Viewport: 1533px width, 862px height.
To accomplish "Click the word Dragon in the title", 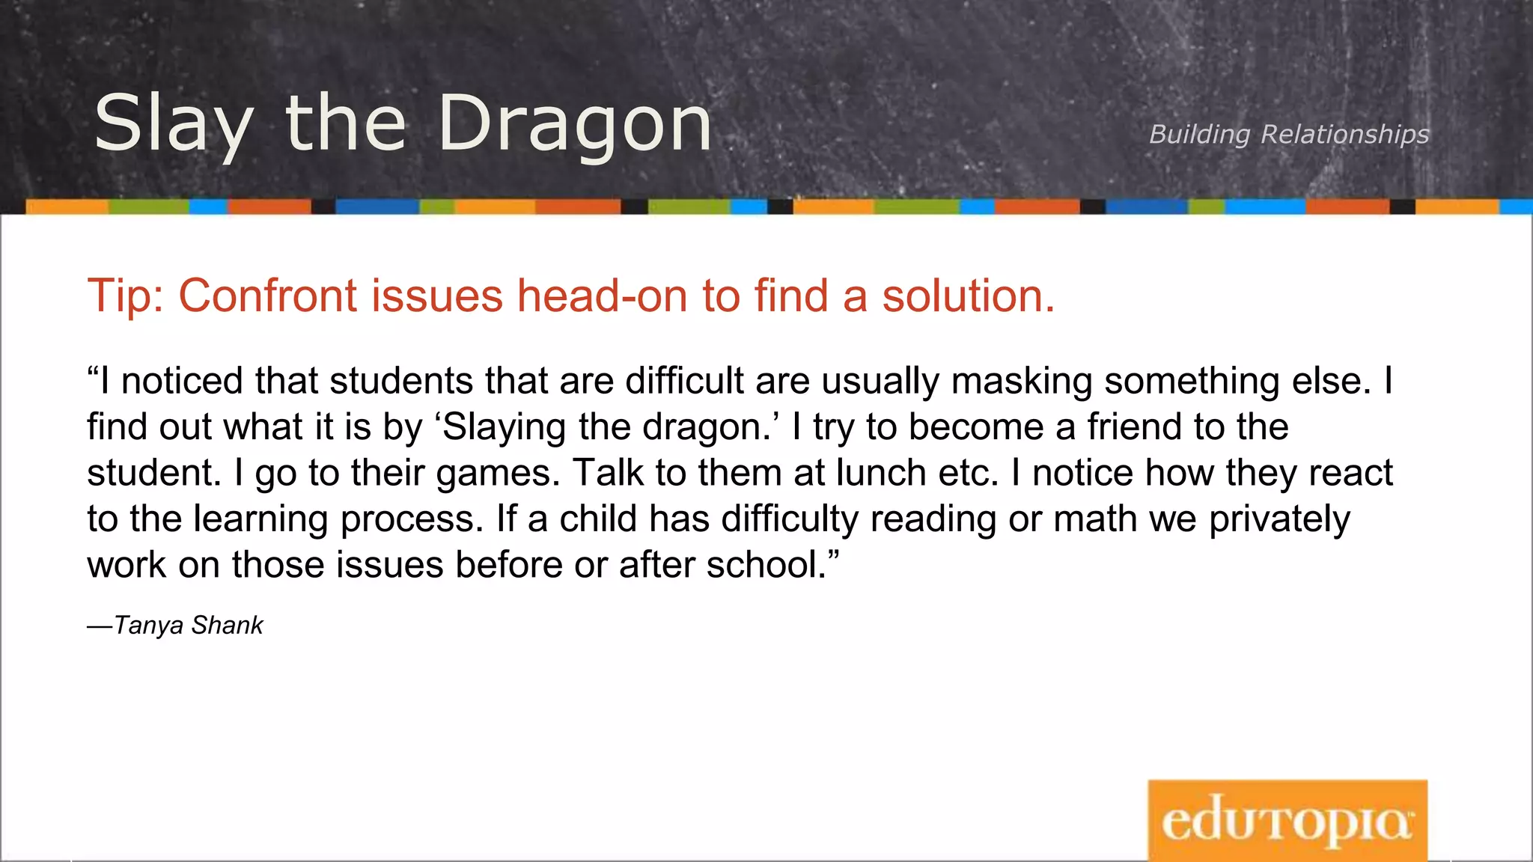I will pos(574,124).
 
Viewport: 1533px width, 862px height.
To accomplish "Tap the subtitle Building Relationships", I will pos(1288,134).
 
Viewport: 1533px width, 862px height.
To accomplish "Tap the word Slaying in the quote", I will pos(504,427).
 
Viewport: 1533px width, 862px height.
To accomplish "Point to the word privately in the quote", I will pos(1279,519).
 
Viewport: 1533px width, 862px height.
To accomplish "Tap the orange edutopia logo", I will pos(1287,820).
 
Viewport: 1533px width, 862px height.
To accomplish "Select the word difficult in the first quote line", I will pos(684,381).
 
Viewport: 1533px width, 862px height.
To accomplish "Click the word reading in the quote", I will pos(933,519).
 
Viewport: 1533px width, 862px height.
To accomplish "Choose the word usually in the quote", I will pos(880,381).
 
